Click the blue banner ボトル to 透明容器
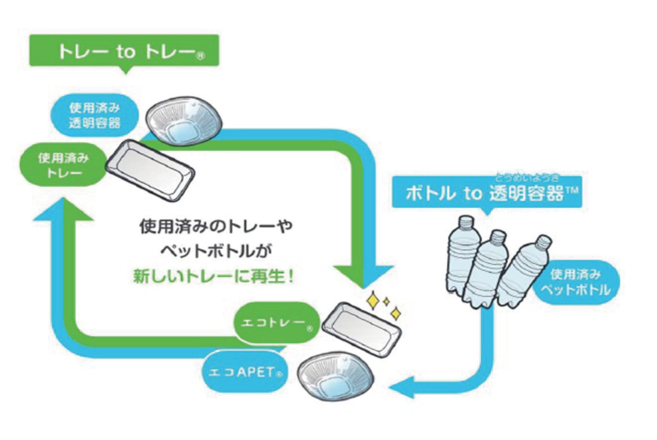pyautogui.click(x=487, y=193)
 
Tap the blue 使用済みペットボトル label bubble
pyautogui.click(x=576, y=283)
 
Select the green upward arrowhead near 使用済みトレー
pyautogui.click(x=63, y=211)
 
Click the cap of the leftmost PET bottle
pyautogui.click(x=466, y=221)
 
